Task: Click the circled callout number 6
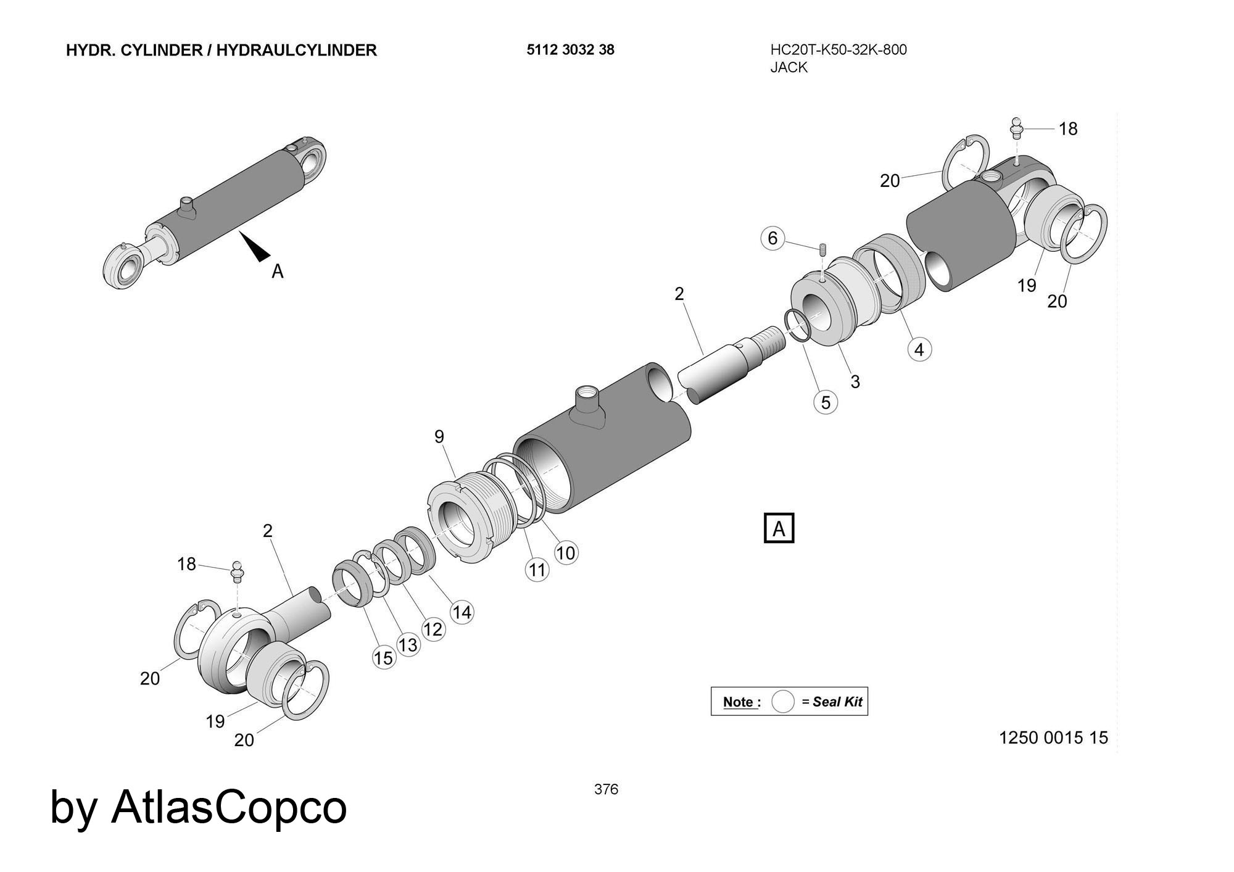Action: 772,238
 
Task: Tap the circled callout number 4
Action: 919,350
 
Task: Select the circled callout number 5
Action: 826,402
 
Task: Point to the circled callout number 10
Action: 566,552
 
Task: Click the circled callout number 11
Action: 537,569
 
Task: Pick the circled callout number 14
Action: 462,612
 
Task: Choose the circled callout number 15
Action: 383,658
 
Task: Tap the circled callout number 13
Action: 408,645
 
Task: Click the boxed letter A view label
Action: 779,528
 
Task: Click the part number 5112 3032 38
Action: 570,50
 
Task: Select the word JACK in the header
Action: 789,67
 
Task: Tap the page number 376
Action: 606,789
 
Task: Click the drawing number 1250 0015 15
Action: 1053,737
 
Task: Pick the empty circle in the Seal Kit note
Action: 782,702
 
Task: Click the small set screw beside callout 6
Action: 823,250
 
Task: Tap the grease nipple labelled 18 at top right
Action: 1017,130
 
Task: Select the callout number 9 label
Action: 439,437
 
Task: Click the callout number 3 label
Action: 855,382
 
